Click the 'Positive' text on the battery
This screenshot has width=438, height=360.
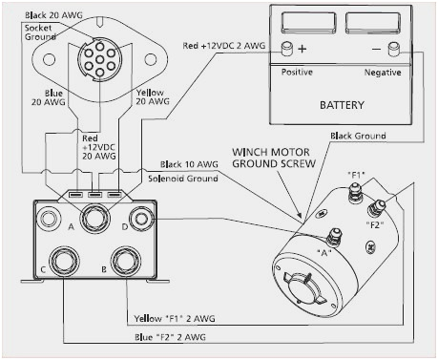(298, 72)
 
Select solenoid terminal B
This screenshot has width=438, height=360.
(123, 261)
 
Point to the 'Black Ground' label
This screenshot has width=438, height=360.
(359, 137)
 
